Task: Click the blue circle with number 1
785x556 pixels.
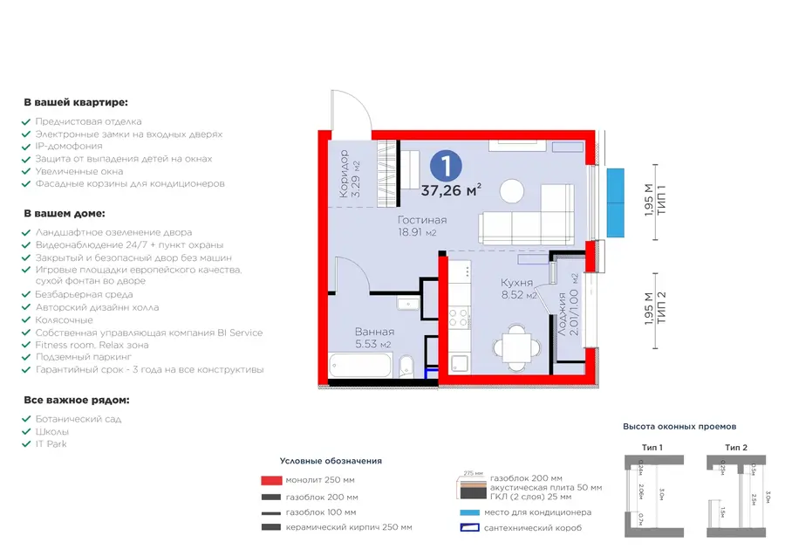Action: coord(446,165)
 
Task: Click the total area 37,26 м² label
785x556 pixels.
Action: coord(452,190)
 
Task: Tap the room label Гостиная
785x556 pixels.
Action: coord(422,220)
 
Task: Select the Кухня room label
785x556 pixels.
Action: coord(517,283)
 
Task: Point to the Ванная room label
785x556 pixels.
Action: coord(374,332)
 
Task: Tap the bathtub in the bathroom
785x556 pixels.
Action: coord(361,365)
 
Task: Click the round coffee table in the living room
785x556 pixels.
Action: coord(513,189)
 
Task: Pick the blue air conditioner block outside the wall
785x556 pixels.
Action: coord(616,202)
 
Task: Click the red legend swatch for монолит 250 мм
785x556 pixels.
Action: coord(270,480)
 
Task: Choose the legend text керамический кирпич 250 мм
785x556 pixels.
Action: coord(349,528)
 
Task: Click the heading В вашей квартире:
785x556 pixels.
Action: coord(76,103)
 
